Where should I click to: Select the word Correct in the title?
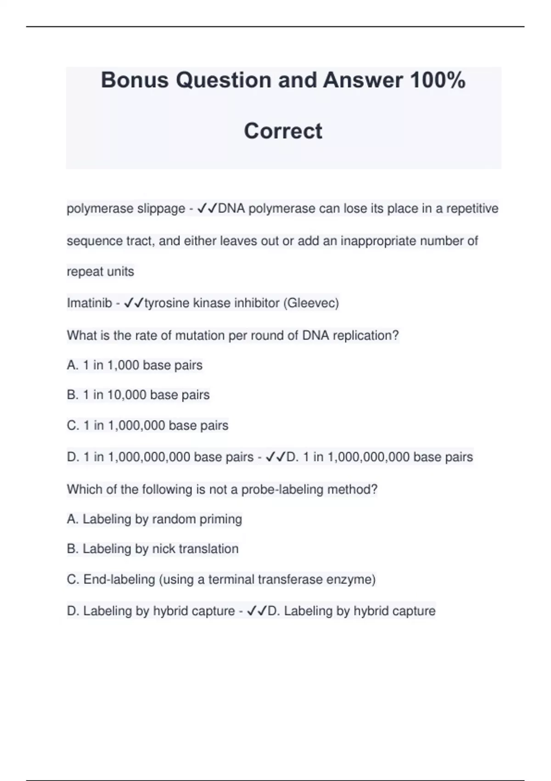[283, 131]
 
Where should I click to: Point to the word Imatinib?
[89, 303]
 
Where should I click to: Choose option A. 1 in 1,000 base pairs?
[135, 365]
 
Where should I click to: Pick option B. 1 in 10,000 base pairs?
[138, 395]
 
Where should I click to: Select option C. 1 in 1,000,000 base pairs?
[147, 425]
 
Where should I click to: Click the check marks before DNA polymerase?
[207, 209]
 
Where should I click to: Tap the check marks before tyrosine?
[134, 303]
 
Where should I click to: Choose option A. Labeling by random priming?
[154, 519]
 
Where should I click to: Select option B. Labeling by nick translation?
[152, 549]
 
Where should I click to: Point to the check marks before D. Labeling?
[257, 611]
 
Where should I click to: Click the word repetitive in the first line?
[472, 209]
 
